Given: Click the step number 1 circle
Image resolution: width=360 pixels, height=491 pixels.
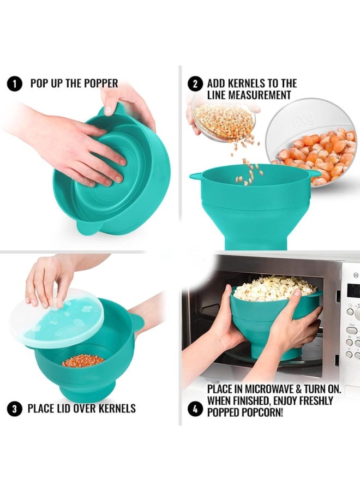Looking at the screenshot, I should pyautogui.click(x=14, y=84).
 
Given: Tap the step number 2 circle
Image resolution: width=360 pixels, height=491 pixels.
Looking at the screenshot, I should pyautogui.click(x=195, y=84).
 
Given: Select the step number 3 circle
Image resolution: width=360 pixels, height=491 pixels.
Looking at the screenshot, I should pyautogui.click(x=14, y=408).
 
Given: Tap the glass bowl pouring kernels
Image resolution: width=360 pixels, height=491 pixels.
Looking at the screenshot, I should pyautogui.click(x=224, y=119).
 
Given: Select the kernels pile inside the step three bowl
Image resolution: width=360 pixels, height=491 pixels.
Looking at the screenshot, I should pyautogui.click(x=83, y=361).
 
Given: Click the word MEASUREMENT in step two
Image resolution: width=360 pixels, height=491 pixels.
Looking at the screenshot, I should pyautogui.click(x=249, y=95).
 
